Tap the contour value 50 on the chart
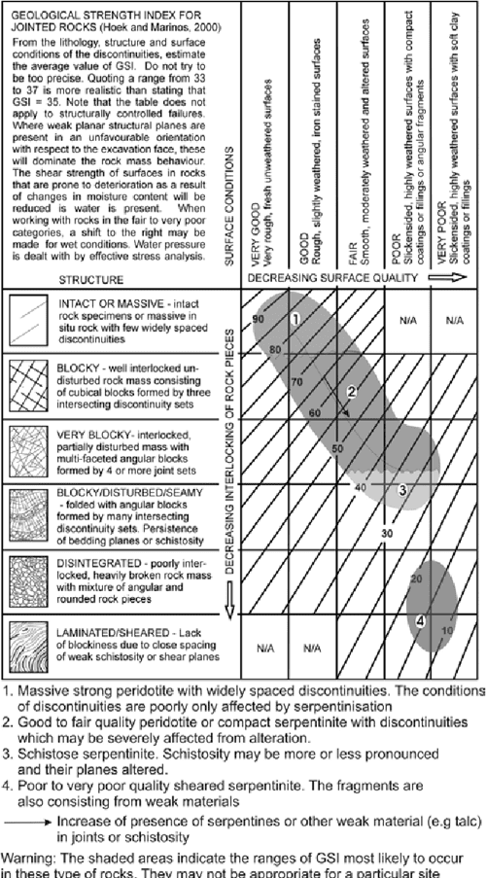click(337, 448)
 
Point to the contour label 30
click(386, 533)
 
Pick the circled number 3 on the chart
click(401, 490)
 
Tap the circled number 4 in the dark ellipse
click(420, 619)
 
